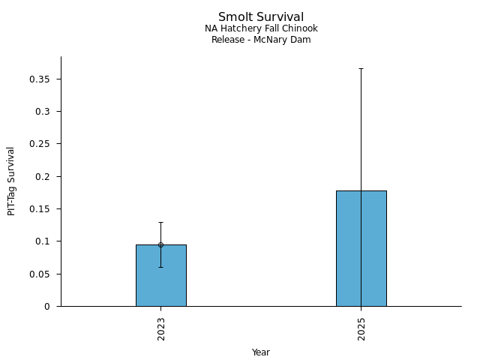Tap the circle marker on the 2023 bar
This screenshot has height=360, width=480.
point(160,244)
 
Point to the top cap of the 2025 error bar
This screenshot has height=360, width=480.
point(361,68)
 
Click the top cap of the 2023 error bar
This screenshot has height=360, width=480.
point(160,222)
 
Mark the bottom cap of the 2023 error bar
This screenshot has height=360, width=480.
point(160,267)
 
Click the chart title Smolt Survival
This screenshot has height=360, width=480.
point(261,17)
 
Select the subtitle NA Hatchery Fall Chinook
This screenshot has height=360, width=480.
point(261,28)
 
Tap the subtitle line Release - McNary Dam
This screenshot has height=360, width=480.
point(261,40)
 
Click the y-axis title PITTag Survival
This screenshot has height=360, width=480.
point(11,181)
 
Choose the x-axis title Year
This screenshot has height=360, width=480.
point(261,352)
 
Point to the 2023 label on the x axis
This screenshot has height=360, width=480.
point(161,328)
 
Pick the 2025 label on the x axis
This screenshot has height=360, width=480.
point(361,328)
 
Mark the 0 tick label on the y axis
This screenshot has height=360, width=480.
point(49,307)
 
